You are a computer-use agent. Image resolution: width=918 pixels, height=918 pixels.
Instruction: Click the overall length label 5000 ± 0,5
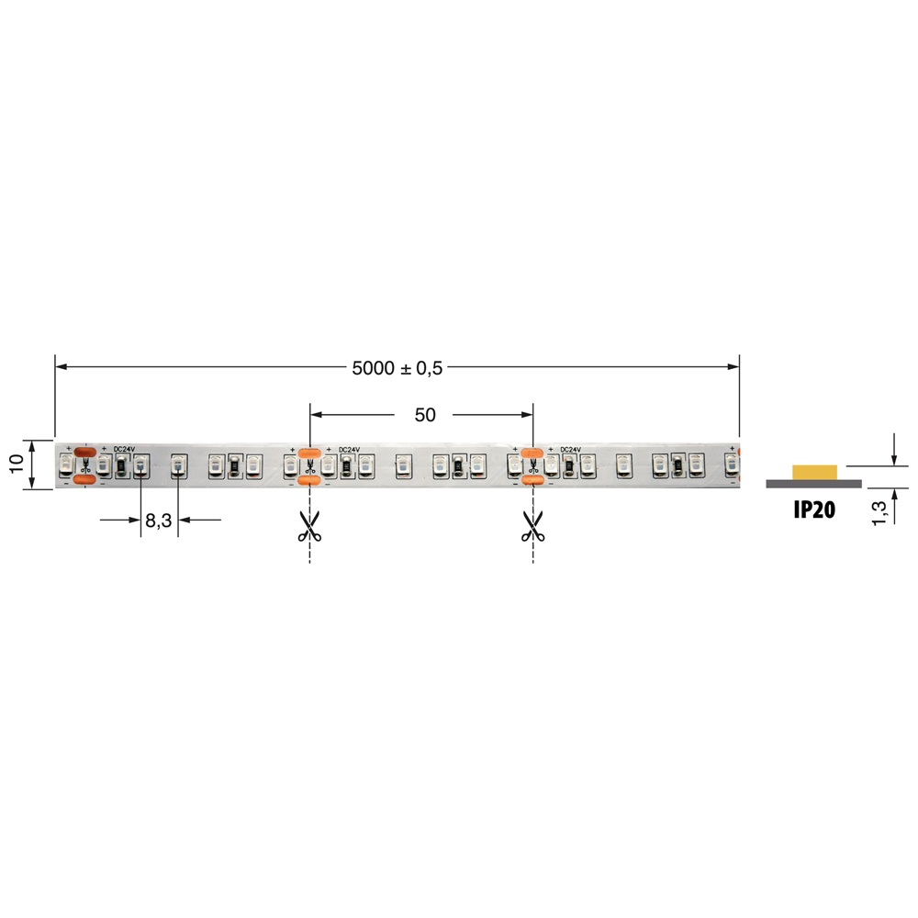(x=397, y=367)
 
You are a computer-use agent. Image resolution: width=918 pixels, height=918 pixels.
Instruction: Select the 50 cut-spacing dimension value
(x=424, y=415)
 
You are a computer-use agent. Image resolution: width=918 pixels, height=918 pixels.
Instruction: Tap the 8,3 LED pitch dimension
(x=158, y=521)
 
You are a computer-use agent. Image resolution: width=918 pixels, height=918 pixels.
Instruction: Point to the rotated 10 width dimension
(x=17, y=464)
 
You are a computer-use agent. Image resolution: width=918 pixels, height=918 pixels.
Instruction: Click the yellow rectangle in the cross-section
(x=814, y=471)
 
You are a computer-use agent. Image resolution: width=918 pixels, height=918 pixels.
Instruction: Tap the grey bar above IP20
(x=813, y=483)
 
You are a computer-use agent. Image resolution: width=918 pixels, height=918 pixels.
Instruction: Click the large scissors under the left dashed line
(x=309, y=525)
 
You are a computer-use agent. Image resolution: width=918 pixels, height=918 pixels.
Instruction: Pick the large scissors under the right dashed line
(x=532, y=525)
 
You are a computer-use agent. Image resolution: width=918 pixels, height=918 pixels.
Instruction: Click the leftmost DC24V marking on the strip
(x=124, y=449)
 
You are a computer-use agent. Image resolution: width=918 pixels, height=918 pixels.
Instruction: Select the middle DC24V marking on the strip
(x=350, y=449)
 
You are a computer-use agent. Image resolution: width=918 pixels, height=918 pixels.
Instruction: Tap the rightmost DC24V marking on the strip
(x=570, y=449)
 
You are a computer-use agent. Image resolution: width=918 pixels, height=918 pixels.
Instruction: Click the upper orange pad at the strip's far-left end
(x=84, y=451)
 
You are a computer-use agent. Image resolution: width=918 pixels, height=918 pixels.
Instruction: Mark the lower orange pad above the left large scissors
(x=309, y=479)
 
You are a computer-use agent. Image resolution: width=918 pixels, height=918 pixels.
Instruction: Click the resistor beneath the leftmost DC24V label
(x=121, y=467)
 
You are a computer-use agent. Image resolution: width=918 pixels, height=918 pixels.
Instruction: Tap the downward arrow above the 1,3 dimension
(x=893, y=458)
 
